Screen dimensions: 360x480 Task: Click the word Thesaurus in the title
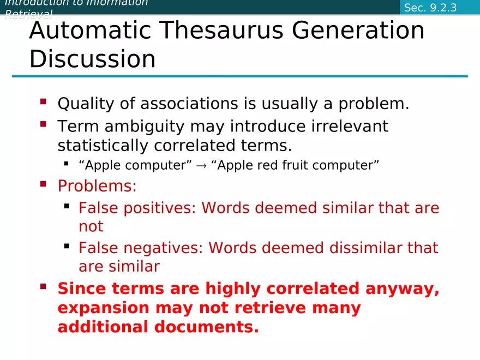pos(214,31)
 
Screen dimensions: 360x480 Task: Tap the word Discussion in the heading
pos(92,59)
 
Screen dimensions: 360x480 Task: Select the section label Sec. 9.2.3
pos(430,8)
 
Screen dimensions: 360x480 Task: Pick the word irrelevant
pos(350,127)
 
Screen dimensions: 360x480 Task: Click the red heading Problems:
pos(97,186)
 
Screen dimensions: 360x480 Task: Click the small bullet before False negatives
pos(67,246)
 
